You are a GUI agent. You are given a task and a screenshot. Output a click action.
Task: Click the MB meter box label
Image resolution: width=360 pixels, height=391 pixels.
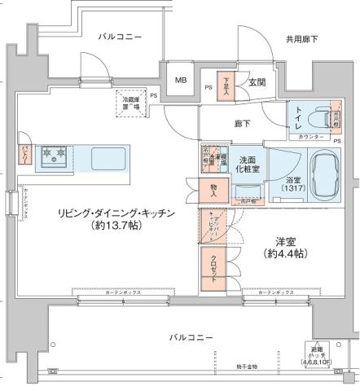pyautogui.click(x=180, y=81)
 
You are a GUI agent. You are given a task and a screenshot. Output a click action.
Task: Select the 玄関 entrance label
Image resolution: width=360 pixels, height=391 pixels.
pyautogui.click(x=258, y=81)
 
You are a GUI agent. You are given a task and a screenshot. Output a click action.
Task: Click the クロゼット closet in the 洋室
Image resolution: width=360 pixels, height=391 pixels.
pyautogui.click(x=214, y=266)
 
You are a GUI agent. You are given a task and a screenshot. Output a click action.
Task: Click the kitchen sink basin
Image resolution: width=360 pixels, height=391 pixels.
pyautogui.click(x=107, y=155)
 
